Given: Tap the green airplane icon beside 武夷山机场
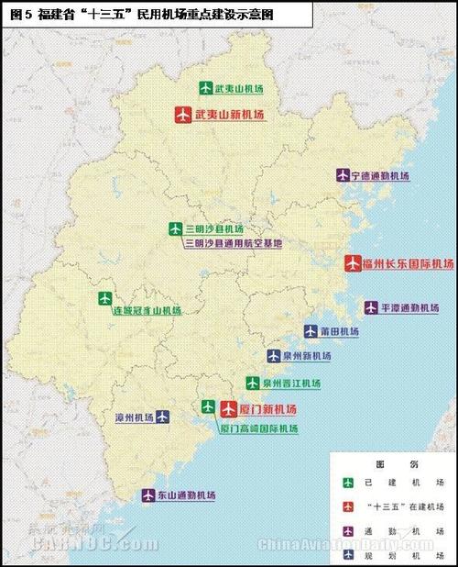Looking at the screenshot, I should (x=206, y=88).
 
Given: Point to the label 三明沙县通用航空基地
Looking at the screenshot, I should (x=234, y=244).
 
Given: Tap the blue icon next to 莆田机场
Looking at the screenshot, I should (x=311, y=331).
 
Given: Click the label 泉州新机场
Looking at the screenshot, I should (x=307, y=355).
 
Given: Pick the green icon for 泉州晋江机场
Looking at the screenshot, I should (x=252, y=383).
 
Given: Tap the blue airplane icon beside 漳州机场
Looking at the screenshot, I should (x=162, y=417).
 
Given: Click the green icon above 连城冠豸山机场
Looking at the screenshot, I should (x=104, y=298).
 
